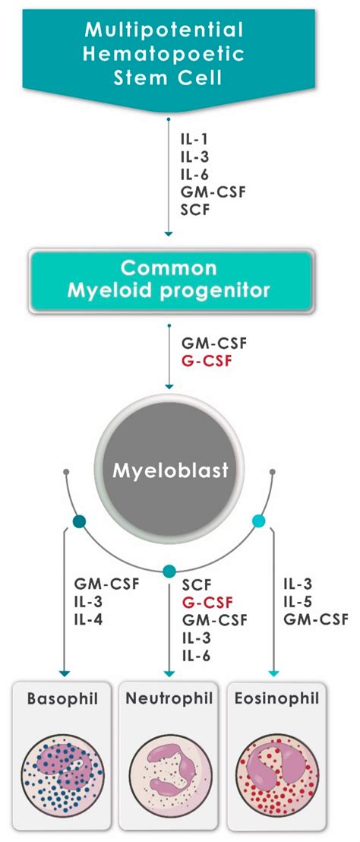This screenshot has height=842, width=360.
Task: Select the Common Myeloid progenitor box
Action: (x=170, y=280)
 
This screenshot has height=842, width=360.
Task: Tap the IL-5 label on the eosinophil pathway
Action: (x=298, y=603)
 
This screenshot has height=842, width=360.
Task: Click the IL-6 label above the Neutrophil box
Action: (x=196, y=655)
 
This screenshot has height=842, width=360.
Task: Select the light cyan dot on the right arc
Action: (x=259, y=521)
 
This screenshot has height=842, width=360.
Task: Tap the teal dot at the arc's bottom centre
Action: (x=169, y=571)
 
